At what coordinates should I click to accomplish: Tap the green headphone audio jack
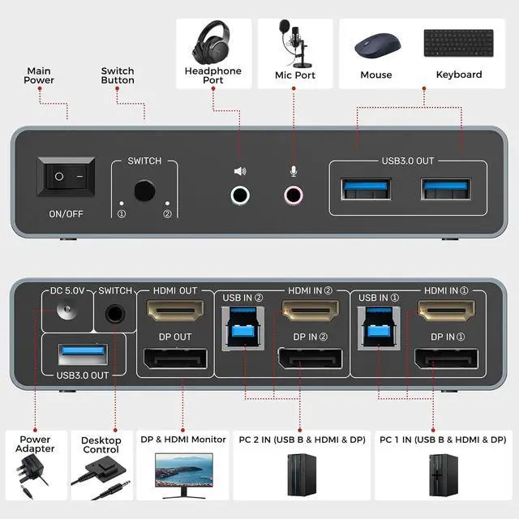click(240, 195)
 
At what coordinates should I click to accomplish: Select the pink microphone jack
click(294, 195)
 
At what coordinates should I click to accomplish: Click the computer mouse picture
click(375, 44)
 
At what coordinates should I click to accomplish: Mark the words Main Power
click(39, 75)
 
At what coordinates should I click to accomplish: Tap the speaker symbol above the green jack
click(240, 171)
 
